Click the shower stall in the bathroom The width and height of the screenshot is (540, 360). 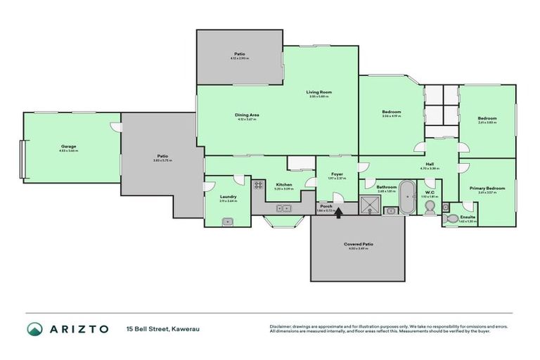(370, 205)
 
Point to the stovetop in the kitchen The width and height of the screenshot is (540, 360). (258, 186)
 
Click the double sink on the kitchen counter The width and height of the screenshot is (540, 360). (285, 209)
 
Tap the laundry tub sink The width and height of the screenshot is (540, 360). (226, 221)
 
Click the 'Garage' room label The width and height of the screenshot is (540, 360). (68, 147)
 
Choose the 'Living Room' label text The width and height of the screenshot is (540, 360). (319, 92)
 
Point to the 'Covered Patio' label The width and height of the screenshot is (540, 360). (359, 244)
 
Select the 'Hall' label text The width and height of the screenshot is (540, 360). (429, 165)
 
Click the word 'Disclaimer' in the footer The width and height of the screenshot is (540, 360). (281, 326)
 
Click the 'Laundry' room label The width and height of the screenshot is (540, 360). (228, 197)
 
